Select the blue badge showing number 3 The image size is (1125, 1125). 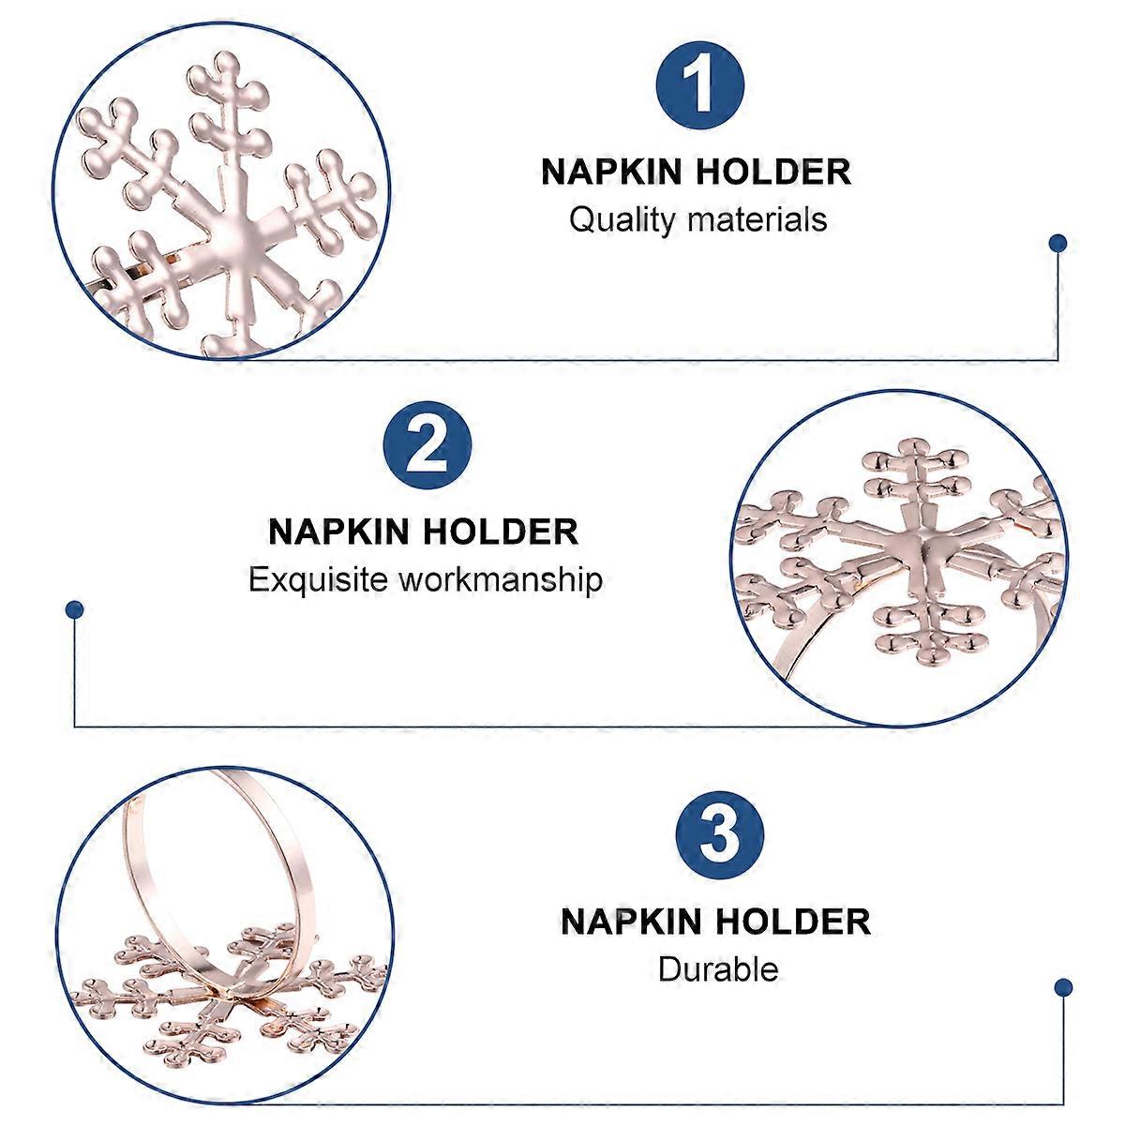(719, 833)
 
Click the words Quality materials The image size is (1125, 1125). (697, 220)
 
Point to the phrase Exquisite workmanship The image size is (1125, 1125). (425, 579)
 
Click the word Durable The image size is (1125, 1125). (718, 968)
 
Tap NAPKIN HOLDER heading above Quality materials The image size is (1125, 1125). (697, 172)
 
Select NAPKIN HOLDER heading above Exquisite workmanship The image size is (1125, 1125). (424, 532)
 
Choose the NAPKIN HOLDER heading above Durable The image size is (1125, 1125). (716, 921)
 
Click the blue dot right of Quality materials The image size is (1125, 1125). (1057, 244)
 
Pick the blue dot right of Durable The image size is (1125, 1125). (1063, 987)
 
